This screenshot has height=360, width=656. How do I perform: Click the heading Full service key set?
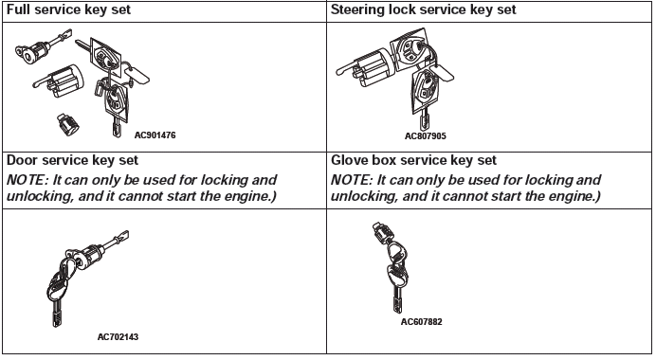coord(68,9)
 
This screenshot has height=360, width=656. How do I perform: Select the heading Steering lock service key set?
coord(424,9)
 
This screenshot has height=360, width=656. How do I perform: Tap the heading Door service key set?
coord(72,160)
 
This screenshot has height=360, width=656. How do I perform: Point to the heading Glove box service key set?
coord(413,160)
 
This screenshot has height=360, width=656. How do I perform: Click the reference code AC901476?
coord(155,135)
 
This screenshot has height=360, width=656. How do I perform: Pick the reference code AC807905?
coord(425,135)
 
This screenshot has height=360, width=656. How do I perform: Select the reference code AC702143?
coord(118,337)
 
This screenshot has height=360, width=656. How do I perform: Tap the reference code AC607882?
coord(421,321)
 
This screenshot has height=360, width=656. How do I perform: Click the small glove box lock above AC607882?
coord(381,232)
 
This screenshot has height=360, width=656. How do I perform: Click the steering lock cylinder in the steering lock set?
coord(365,67)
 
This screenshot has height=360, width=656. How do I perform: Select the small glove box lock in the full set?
coord(67,124)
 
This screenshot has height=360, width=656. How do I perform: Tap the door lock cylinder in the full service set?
coord(42,46)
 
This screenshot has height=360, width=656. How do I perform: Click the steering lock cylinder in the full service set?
coord(60,81)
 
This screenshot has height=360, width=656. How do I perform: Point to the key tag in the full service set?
coord(137,75)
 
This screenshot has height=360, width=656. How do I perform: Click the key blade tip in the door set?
coord(56,324)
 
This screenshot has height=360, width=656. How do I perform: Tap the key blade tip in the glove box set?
coord(396,310)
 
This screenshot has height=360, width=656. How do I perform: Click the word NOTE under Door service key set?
coord(26,180)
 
